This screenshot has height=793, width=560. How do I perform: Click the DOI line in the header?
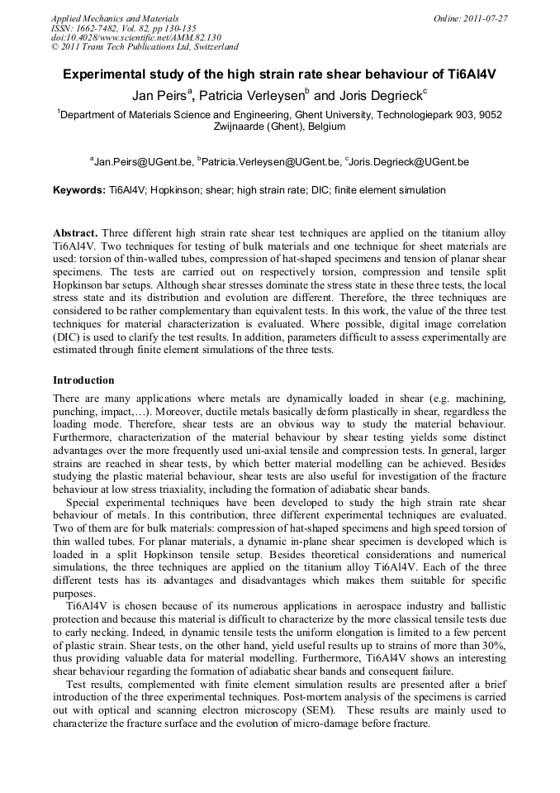[135, 38]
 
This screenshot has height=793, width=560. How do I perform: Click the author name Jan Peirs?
[159, 96]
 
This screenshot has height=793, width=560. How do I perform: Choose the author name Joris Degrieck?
[379, 96]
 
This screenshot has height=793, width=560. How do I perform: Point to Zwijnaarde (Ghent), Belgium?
[279, 127]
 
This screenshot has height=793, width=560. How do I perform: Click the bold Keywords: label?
[79, 190]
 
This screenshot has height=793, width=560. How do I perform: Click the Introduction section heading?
[83, 380]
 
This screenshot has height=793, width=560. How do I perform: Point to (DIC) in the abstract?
[68, 338]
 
